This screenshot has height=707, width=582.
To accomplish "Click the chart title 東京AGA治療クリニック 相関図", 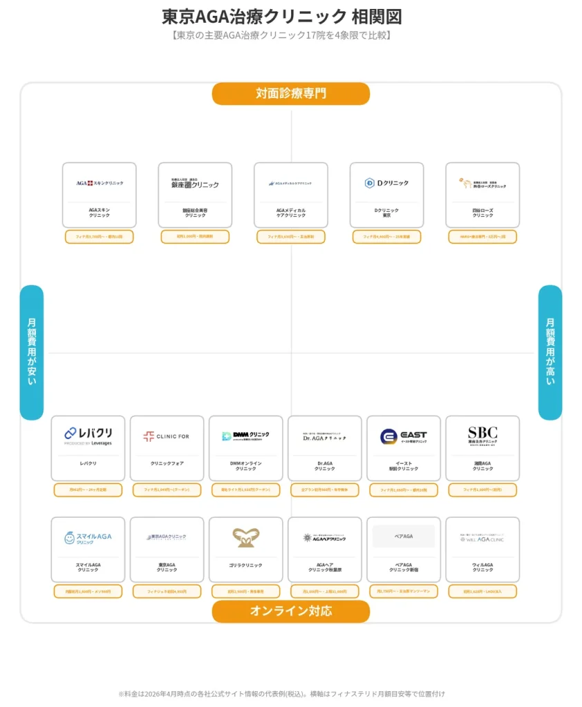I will [281, 17].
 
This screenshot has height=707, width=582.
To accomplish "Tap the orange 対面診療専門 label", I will [290, 93].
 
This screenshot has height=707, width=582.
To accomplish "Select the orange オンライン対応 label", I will [290, 611].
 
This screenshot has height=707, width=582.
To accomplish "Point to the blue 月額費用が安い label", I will [32, 352].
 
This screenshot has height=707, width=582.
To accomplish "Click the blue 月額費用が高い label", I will [550, 352].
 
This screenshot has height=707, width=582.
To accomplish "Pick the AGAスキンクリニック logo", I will [100, 183].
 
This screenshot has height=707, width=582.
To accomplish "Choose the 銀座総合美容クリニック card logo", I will [195, 184].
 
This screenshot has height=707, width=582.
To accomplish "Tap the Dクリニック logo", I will [386, 183].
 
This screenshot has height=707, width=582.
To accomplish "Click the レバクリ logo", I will [88, 435].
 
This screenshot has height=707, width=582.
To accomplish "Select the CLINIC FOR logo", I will [167, 436].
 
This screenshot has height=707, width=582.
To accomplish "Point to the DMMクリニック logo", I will [245, 436].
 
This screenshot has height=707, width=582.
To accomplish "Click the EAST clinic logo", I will [404, 436].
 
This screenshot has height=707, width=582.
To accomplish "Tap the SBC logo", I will [482, 435].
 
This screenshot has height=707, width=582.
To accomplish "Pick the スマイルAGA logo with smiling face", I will [88, 537].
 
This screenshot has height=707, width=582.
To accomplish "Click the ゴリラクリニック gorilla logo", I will [245, 537].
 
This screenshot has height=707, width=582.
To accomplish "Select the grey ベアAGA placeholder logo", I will [404, 536].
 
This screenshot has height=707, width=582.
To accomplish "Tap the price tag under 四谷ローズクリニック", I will [482, 237].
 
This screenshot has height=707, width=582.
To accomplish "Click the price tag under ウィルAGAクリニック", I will [482, 591].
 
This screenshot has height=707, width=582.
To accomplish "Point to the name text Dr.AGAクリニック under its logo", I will [325, 466].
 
